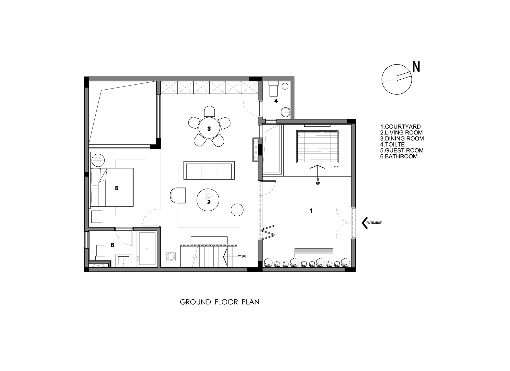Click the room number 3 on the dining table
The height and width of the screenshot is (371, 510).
coord(209,129)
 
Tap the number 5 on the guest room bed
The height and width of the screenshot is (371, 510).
coord(117,188)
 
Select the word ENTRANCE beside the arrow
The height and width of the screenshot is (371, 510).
coord(374,223)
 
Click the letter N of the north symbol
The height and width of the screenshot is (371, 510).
coord(416,67)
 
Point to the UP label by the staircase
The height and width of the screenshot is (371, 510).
coord(318,183)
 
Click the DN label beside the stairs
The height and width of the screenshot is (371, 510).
coord(244,256)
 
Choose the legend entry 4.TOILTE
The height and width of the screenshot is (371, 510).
coord(392,144)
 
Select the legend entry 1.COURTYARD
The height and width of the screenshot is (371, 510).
coord(400,127)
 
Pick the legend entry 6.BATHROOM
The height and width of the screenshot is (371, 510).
coord(399,156)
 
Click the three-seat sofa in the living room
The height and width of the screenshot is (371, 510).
coord(209,170)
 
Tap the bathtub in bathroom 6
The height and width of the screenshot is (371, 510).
coord(147,249)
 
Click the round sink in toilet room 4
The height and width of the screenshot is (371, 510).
coord(286,112)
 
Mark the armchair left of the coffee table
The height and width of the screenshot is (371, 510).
coord(178,195)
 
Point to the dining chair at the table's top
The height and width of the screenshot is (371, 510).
coord(209,111)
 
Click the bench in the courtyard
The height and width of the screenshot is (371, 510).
coord(314,252)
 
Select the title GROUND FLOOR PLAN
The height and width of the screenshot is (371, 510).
coord(220,302)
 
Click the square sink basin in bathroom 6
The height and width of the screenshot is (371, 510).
coord(124,261)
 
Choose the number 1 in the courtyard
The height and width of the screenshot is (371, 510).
coord(311,211)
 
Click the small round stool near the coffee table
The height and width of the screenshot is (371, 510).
coord(237,210)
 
